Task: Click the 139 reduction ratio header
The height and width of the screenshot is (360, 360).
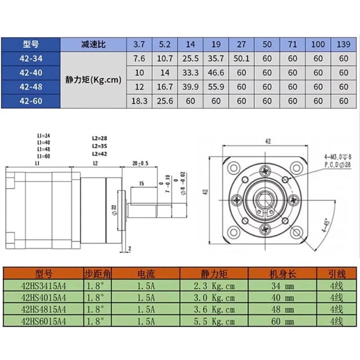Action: (343, 44)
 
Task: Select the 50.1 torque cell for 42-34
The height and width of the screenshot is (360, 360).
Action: (241, 58)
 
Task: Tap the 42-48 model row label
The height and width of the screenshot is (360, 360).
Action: (31, 87)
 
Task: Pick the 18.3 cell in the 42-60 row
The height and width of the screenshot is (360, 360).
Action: (139, 101)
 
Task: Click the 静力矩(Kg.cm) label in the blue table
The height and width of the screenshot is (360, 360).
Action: (93, 80)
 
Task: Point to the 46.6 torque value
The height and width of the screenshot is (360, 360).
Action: (216, 73)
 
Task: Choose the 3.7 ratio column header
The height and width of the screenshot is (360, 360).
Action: (139, 44)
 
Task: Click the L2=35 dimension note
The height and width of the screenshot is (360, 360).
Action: (99, 146)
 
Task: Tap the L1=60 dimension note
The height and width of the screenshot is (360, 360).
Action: (44, 156)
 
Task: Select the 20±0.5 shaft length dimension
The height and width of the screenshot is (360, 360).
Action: (140, 163)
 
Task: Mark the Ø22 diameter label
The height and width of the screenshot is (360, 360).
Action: (114, 210)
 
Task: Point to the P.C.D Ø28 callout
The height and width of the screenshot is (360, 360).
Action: (337, 165)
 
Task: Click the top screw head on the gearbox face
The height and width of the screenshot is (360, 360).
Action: (265, 171)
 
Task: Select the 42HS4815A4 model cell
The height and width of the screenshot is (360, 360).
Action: (43, 309)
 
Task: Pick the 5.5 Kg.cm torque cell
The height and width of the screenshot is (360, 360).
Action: (214, 321)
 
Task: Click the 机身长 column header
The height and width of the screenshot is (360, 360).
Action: (283, 274)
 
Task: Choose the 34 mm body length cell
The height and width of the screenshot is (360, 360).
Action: (283, 286)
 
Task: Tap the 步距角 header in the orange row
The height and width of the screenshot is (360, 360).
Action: (97, 274)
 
